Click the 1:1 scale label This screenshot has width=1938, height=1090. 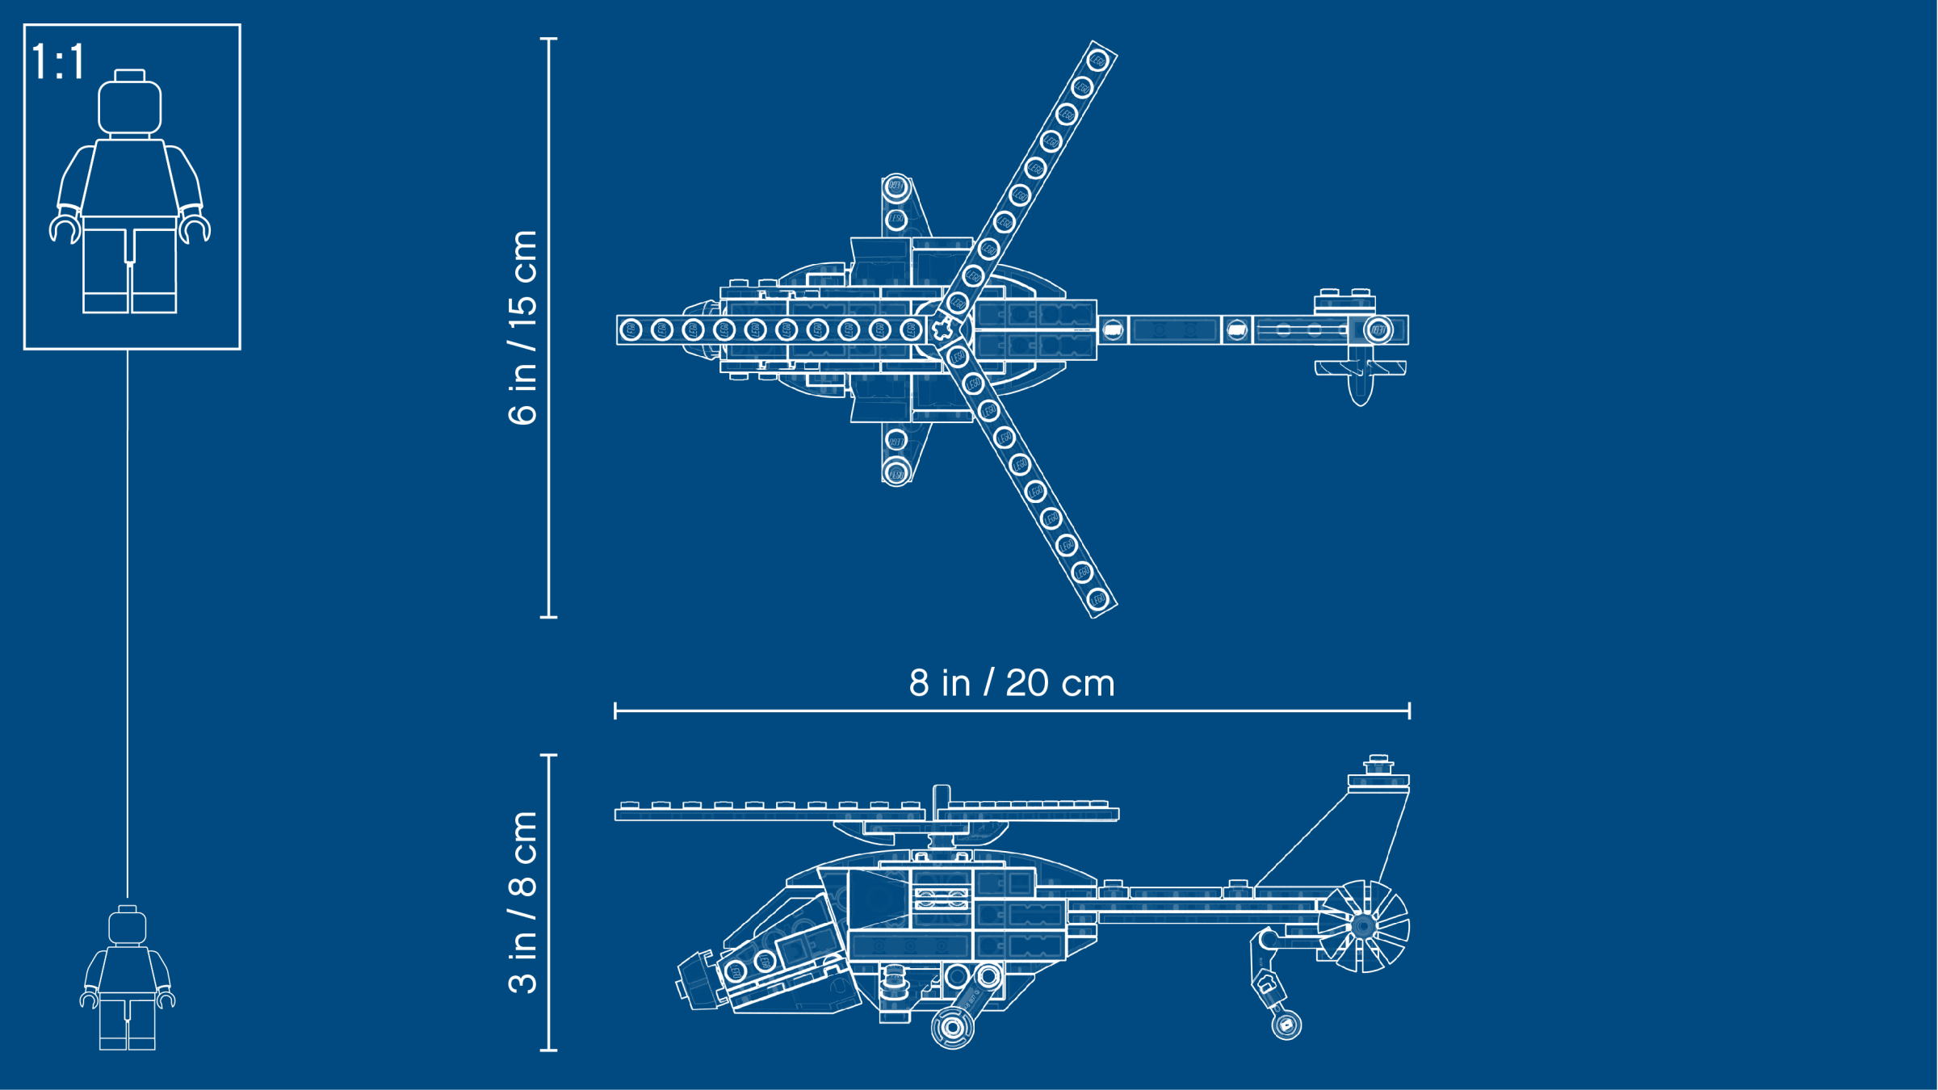pos(58,61)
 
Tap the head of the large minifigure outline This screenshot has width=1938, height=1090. pos(129,103)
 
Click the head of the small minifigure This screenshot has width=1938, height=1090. pos(128,925)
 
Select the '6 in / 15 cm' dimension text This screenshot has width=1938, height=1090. pos(523,327)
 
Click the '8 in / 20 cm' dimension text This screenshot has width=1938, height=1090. pos(1012,683)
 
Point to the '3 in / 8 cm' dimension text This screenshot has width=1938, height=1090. pos(523,902)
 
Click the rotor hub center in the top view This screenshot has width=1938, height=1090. pos(942,329)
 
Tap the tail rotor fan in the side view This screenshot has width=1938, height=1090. pos(1364,926)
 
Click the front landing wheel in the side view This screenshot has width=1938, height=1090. pos(953,1027)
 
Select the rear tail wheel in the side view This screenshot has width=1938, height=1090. pos(1286,1025)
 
